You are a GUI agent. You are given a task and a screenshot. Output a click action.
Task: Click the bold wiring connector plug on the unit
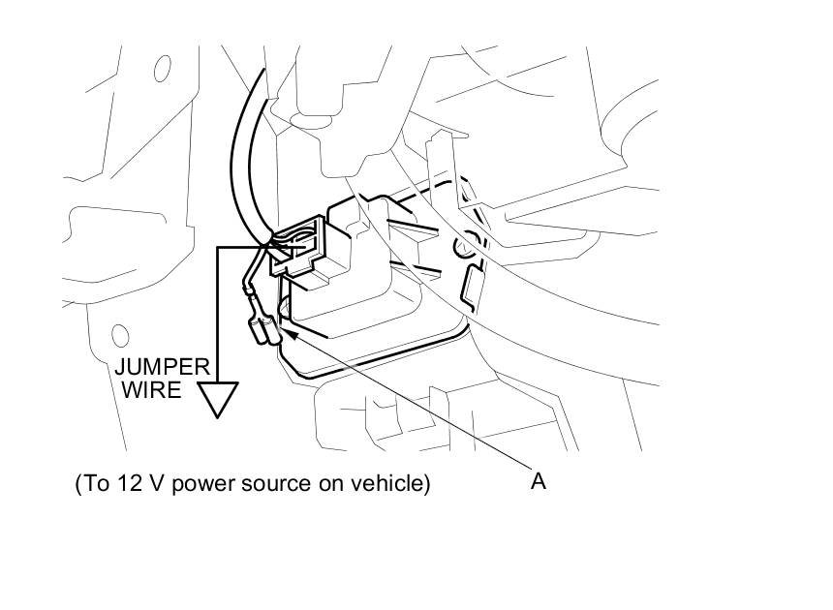click(x=307, y=250)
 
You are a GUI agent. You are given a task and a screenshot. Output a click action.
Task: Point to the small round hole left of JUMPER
click(x=119, y=337)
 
